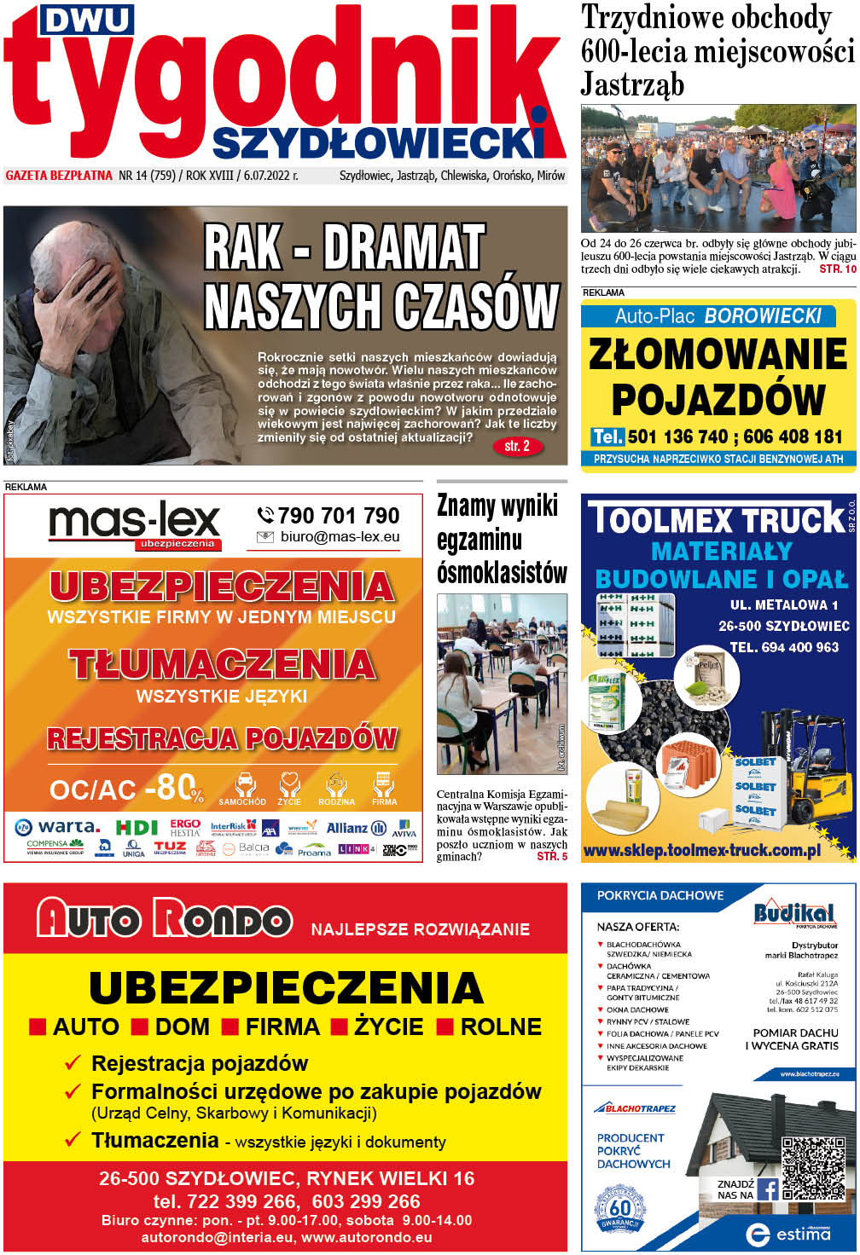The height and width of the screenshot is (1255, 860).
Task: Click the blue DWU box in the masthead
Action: click(x=87, y=20)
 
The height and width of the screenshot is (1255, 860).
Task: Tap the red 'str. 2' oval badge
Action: click(x=517, y=446)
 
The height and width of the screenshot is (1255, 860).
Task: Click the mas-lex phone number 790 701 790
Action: click(x=338, y=516)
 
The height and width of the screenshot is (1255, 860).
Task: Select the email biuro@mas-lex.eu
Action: click(x=340, y=537)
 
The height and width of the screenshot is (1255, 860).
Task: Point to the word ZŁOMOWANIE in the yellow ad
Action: click(x=718, y=354)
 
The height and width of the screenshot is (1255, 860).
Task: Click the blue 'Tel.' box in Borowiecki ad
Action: click(x=607, y=437)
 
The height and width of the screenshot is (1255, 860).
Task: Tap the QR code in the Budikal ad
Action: click(x=813, y=1169)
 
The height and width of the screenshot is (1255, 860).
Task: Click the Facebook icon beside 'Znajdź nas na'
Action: click(x=768, y=1188)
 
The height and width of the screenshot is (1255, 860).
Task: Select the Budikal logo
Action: click(x=793, y=913)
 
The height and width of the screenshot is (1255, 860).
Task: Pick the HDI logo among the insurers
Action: click(x=137, y=827)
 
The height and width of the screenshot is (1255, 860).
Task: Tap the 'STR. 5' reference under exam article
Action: click(x=551, y=856)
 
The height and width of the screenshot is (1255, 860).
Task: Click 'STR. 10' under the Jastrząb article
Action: click(x=837, y=269)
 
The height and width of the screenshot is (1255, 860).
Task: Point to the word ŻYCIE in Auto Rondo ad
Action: click(x=388, y=1027)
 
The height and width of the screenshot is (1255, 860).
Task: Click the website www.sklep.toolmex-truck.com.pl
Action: click(x=702, y=850)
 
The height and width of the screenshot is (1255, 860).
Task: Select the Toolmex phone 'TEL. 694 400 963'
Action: click(x=783, y=647)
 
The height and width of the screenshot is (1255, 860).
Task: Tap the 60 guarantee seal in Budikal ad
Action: click(x=619, y=1210)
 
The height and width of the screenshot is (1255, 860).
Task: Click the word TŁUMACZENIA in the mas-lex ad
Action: click(x=222, y=665)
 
